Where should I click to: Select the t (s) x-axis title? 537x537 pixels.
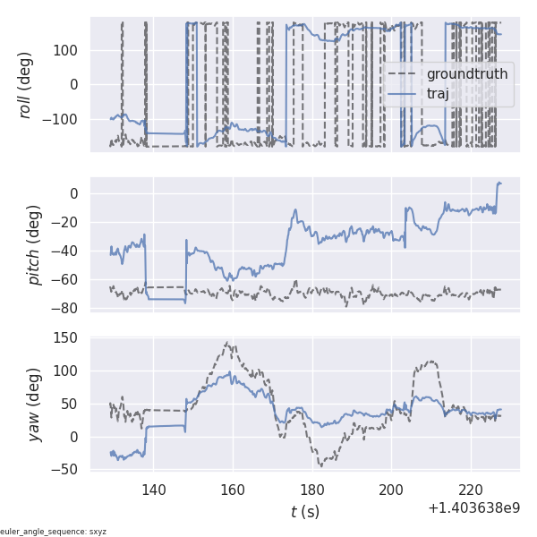pyautogui.click(x=305, y=512)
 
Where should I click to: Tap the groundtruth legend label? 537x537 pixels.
pyautogui.click(x=467, y=73)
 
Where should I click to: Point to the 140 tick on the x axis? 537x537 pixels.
pyautogui.click(x=153, y=490)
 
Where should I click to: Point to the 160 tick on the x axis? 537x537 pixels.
pyautogui.click(x=233, y=490)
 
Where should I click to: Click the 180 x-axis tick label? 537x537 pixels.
pyautogui.click(x=312, y=490)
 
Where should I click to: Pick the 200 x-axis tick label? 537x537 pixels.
pyautogui.click(x=392, y=490)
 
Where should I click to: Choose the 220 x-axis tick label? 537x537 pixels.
pyautogui.click(x=472, y=490)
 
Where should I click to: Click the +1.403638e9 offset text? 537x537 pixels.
pyautogui.click(x=473, y=508)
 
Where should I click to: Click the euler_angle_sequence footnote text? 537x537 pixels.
pyautogui.click(x=54, y=532)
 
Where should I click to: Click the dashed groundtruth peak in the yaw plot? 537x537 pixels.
pyautogui.click(x=229, y=343)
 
